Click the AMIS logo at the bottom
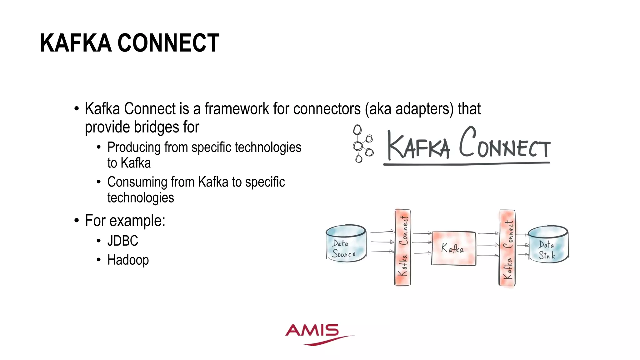point(316,334)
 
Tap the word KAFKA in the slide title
point(76,43)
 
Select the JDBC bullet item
point(122,241)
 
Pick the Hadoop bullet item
point(128,260)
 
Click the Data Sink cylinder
point(548,244)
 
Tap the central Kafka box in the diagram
point(453,248)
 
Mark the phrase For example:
point(125,221)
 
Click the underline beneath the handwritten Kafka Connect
point(466,163)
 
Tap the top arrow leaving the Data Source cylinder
point(382,232)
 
